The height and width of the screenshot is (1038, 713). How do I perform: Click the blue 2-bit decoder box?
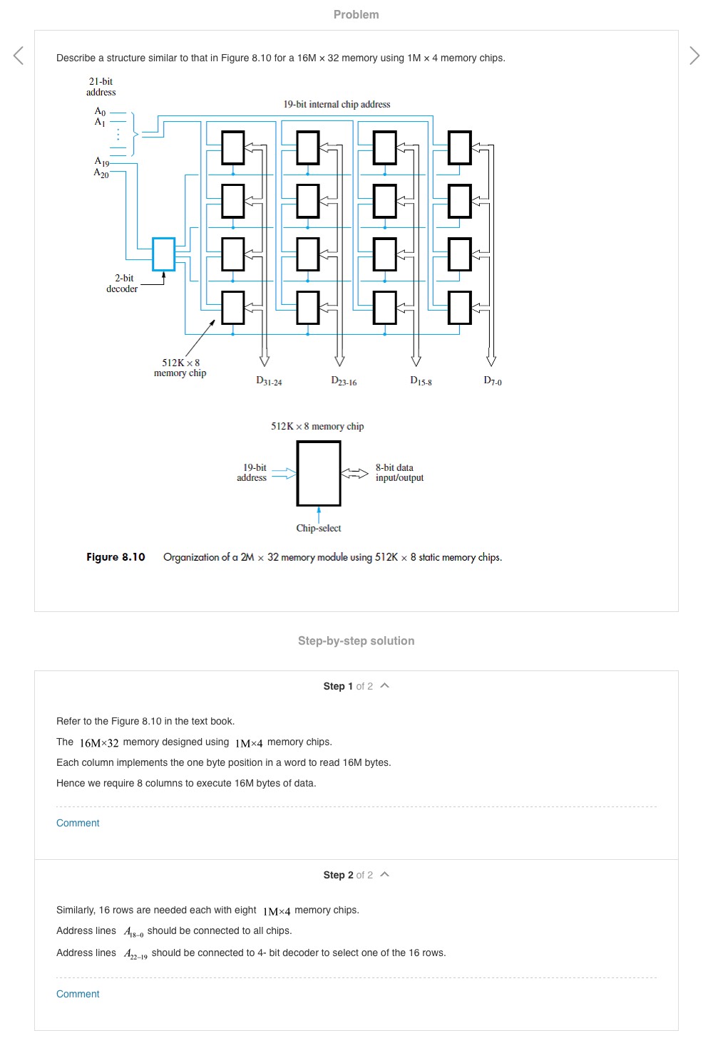[163, 254]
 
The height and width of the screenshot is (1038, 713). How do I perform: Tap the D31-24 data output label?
[269, 381]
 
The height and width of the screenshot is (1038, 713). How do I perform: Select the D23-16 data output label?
[344, 381]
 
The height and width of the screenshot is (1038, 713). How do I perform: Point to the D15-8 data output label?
[421, 381]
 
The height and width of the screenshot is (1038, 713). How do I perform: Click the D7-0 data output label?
[493, 381]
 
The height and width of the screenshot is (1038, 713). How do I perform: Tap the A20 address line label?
[101, 173]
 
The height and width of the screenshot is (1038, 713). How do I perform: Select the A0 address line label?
[100, 112]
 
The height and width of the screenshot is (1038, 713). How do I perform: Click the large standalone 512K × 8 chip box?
[319, 473]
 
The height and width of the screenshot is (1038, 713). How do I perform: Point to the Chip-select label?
[319, 528]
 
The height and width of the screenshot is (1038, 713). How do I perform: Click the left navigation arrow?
[19, 56]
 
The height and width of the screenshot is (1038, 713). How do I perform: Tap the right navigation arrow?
[694, 56]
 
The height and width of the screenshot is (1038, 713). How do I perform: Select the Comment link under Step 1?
[78, 823]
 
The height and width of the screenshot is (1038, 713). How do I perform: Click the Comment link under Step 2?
[78, 994]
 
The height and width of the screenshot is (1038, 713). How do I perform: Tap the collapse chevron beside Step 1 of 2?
[385, 685]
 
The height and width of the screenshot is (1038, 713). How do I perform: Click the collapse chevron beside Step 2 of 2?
[385, 874]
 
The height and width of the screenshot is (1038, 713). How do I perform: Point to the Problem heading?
[356, 14]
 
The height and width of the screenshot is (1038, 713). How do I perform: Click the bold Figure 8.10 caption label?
[116, 557]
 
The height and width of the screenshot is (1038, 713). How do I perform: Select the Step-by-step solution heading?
[356, 640]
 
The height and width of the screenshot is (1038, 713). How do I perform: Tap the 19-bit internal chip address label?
[337, 104]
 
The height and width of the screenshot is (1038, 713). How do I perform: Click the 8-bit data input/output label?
[399, 473]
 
